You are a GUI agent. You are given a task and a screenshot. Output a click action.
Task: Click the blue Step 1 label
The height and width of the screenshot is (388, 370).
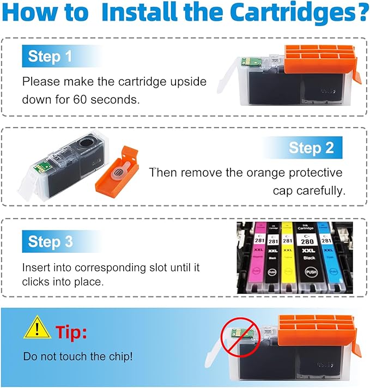[x=50, y=56]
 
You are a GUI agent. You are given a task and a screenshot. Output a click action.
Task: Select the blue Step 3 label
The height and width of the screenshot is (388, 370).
[x=51, y=241]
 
